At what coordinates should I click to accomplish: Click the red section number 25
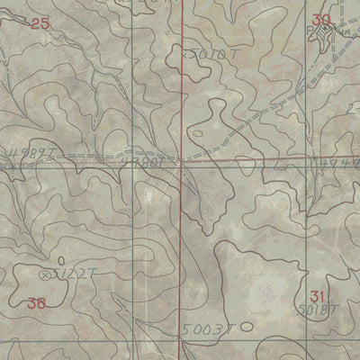[40, 24]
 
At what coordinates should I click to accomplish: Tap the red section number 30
[322, 20]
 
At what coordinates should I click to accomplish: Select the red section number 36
[36, 303]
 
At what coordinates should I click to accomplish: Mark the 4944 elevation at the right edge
[340, 163]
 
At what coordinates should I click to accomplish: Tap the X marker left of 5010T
[188, 55]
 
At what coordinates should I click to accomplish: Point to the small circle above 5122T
[60, 260]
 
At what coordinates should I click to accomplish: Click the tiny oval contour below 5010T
[196, 135]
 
